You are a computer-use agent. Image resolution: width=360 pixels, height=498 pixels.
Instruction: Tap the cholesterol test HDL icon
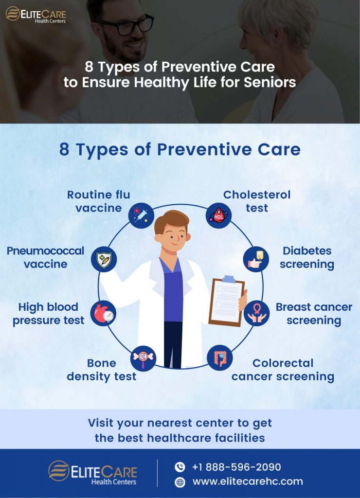(x=218, y=214)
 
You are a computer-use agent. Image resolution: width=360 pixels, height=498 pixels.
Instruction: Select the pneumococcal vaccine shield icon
(x=104, y=258)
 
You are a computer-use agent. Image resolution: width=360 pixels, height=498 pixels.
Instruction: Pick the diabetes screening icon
(x=256, y=258)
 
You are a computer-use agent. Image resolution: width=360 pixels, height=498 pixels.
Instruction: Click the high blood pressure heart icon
(x=103, y=313)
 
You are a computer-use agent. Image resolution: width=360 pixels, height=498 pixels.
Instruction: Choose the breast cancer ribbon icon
(x=256, y=313)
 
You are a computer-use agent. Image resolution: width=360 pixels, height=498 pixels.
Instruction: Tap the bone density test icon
(x=144, y=357)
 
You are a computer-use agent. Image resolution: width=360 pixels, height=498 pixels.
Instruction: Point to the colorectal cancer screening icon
(x=219, y=358)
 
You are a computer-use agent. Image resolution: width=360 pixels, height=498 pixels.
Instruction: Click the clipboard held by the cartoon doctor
(x=226, y=302)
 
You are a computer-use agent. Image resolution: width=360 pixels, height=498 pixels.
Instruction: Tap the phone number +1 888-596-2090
(x=236, y=467)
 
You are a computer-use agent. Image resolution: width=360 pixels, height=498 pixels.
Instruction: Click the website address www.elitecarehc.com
(x=248, y=481)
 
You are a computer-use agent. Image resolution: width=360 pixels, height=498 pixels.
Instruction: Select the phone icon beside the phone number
(x=180, y=467)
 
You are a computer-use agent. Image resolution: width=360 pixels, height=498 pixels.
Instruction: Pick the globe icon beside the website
(x=180, y=482)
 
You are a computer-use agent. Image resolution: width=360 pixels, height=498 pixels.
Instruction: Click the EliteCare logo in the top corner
(x=36, y=14)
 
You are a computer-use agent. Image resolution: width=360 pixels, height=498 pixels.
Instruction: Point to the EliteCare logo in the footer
(x=92, y=473)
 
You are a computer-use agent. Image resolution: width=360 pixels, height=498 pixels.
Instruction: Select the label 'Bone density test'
(x=102, y=370)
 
